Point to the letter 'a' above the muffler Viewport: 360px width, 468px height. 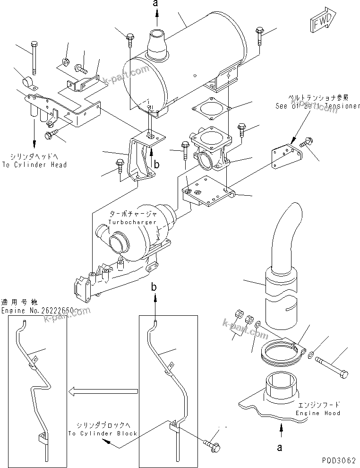157,4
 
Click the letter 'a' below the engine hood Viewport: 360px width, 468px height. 280,447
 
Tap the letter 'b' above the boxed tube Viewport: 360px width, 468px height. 153,287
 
